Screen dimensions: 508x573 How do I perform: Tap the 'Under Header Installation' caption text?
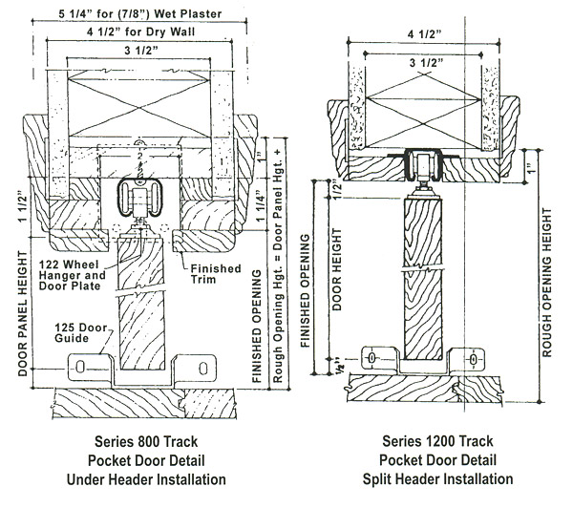click(x=143, y=478)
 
